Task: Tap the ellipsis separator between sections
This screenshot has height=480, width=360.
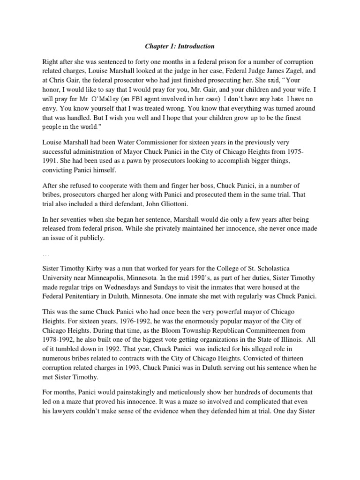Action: tap(46, 255)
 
